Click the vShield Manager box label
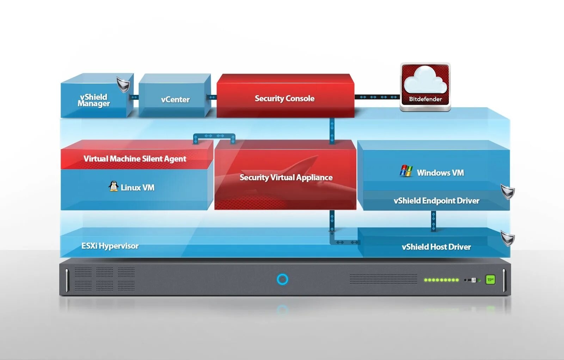(94, 100)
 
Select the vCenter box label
(175, 100)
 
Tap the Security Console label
(284, 98)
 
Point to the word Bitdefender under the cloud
(425, 99)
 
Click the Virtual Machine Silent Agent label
(135, 159)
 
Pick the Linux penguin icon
(113, 186)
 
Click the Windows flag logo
(406, 171)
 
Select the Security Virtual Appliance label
(286, 177)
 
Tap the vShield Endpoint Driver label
(436, 201)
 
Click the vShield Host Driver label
(436, 247)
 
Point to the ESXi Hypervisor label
(110, 246)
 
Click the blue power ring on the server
(282, 279)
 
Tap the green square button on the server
(490, 280)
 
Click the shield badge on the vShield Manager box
(123, 85)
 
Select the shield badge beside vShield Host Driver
(508, 239)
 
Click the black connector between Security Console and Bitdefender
(378, 97)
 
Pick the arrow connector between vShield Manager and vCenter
(134, 97)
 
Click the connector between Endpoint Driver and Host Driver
(433, 221)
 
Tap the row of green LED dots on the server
(441, 280)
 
